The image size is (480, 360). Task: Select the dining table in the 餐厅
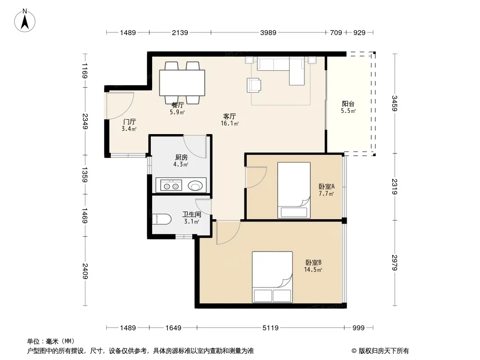(182, 83)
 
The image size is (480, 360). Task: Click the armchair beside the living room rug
(254, 85)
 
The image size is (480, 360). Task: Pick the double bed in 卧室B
(272, 277)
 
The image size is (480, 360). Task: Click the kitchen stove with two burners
(169, 185)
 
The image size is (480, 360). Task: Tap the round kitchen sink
(195, 185)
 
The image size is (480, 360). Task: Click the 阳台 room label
(349, 104)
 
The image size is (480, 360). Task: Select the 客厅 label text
(229, 116)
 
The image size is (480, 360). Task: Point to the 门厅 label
(129, 122)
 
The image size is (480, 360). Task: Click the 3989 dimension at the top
(268, 33)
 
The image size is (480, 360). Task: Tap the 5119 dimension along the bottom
(271, 328)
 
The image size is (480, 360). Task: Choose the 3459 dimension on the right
(394, 103)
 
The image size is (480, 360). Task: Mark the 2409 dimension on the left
(85, 271)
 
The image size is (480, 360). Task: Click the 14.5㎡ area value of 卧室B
(313, 270)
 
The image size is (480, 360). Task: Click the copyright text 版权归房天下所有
(384, 351)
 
